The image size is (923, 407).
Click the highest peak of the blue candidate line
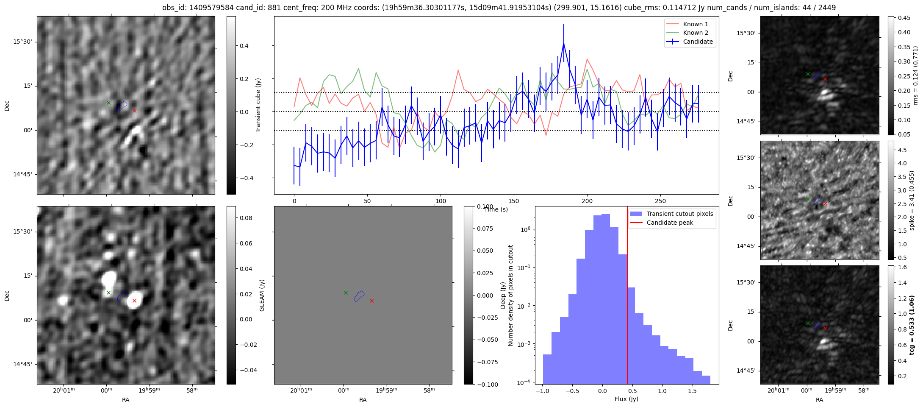(564, 43)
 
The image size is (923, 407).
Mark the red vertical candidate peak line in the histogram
(627, 297)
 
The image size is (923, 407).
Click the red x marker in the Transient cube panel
(134, 111)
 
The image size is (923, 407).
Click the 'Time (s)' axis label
(496, 209)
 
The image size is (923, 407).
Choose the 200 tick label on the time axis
(587, 201)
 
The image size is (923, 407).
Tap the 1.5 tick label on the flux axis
(692, 391)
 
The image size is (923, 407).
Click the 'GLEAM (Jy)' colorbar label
(262, 295)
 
